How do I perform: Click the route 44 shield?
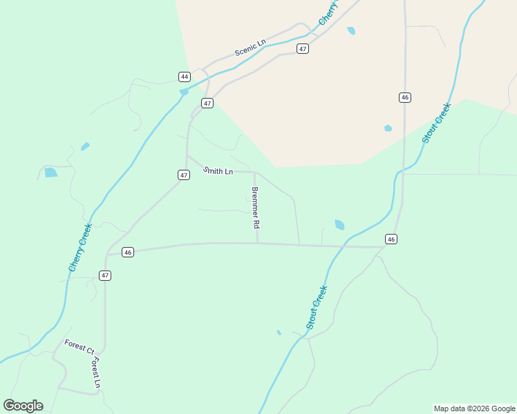pyautogui.click(x=184, y=77)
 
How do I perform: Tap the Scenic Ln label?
pyautogui.click(x=250, y=48)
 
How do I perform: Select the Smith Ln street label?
pyautogui.click(x=218, y=170)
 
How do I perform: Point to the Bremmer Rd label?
pyautogui.click(x=255, y=208)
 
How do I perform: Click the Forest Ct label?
pyautogui.click(x=79, y=346)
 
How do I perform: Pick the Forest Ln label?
pyautogui.click(x=97, y=373)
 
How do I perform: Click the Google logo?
pyautogui.click(x=23, y=406)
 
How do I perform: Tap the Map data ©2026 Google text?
pyautogui.click(x=474, y=408)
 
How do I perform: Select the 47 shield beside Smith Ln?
pyautogui.click(x=184, y=175)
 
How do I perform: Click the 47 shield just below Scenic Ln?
pyautogui.click(x=303, y=48)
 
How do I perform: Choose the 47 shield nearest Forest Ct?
pyautogui.click(x=104, y=275)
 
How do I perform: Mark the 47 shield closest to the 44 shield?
pyautogui.click(x=207, y=103)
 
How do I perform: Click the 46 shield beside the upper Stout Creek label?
pyautogui.click(x=405, y=97)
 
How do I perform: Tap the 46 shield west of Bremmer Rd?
pyautogui.click(x=128, y=253)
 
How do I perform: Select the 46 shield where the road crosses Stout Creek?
pyautogui.click(x=392, y=239)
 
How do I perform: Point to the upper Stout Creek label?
pyautogui.click(x=436, y=123)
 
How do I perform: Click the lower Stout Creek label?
pyautogui.click(x=317, y=307)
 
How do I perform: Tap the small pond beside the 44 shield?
pyautogui.click(x=184, y=92)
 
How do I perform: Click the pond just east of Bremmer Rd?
pyautogui.click(x=339, y=225)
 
